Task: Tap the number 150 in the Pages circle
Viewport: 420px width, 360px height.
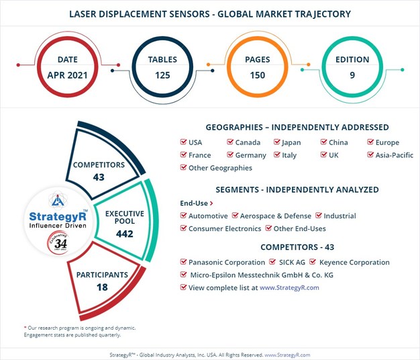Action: (258, 75)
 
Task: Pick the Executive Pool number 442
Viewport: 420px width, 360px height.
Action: (124, 234)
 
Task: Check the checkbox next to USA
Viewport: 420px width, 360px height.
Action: (184, 142)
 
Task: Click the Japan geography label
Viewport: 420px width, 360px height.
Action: (291, 142)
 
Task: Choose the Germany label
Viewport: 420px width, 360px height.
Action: (250, 155)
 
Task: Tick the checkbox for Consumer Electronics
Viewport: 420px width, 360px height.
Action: (184, 229)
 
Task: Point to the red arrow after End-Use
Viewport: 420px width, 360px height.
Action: (211, 203)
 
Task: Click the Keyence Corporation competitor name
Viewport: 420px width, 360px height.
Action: (354, 263)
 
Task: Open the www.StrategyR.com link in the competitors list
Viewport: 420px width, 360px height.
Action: (289, 287)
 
